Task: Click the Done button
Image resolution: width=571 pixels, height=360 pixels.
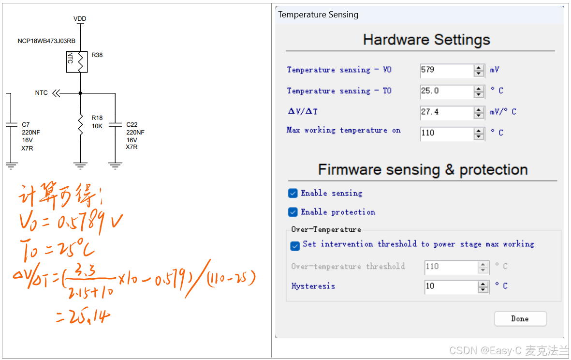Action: coord(520,319)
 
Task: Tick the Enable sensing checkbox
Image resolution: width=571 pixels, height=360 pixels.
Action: coord(293,194)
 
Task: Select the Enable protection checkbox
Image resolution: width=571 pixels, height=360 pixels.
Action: coord(293,212)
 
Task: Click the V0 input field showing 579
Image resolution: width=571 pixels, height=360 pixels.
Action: coord(446,70)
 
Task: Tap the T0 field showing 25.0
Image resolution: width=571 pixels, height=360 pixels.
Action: coord(446,91)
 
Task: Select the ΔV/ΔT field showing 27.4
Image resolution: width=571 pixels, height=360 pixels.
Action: coord(446,112)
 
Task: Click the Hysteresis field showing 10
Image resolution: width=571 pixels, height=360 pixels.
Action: coord(451,286)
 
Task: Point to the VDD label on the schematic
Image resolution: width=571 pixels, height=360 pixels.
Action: coord(80,19)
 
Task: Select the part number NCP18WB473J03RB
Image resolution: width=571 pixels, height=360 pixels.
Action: coord(46,41)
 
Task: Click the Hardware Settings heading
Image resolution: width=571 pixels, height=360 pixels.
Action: coord(426,40)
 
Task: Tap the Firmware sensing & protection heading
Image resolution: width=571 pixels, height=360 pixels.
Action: coord(423,170)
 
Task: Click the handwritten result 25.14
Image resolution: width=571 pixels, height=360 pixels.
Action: coord(83,317)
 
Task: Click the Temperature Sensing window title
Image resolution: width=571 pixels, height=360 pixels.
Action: coord(318,15)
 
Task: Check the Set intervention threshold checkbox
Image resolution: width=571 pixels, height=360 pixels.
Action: coord(295,246)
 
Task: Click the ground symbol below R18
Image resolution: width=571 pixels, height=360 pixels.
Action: coord(80,166)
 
